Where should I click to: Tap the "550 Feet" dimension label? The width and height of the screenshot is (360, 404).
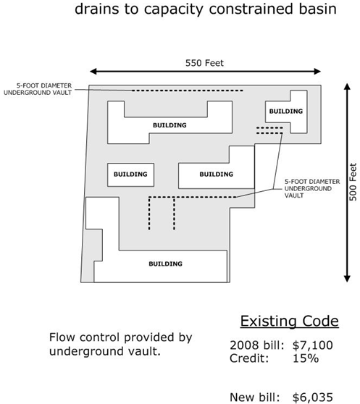(205, 63)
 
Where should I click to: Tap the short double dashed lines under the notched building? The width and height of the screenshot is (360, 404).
(269, 130)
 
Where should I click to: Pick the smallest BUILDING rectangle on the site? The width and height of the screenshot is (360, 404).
(130, 174)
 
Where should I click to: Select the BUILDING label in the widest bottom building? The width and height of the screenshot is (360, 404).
(165, 264)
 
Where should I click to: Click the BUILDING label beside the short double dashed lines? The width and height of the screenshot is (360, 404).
(285, 111)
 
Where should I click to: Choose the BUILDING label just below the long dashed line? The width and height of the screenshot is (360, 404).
(169, 125)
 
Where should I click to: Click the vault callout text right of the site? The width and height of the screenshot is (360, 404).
(312, 188)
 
